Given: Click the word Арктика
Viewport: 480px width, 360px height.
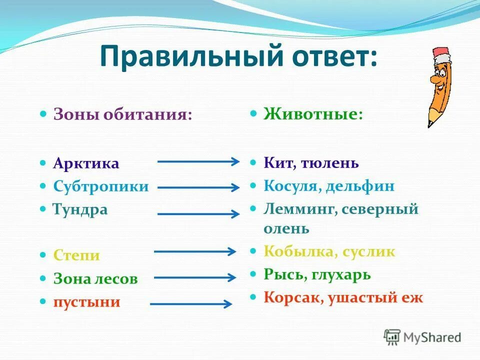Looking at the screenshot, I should [86, 163].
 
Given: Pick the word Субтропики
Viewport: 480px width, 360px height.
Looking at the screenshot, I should [101, 186].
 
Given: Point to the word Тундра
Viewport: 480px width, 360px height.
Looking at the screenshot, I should [80, 209].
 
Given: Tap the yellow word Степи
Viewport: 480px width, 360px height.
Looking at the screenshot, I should [76, 255].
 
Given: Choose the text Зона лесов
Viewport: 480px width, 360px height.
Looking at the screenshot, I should [95, 278].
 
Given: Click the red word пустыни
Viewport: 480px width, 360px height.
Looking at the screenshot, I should [87, 301].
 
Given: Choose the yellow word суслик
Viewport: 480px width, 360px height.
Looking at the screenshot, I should [368, 251].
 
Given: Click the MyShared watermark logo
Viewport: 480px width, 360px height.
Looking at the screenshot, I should [422, 337].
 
